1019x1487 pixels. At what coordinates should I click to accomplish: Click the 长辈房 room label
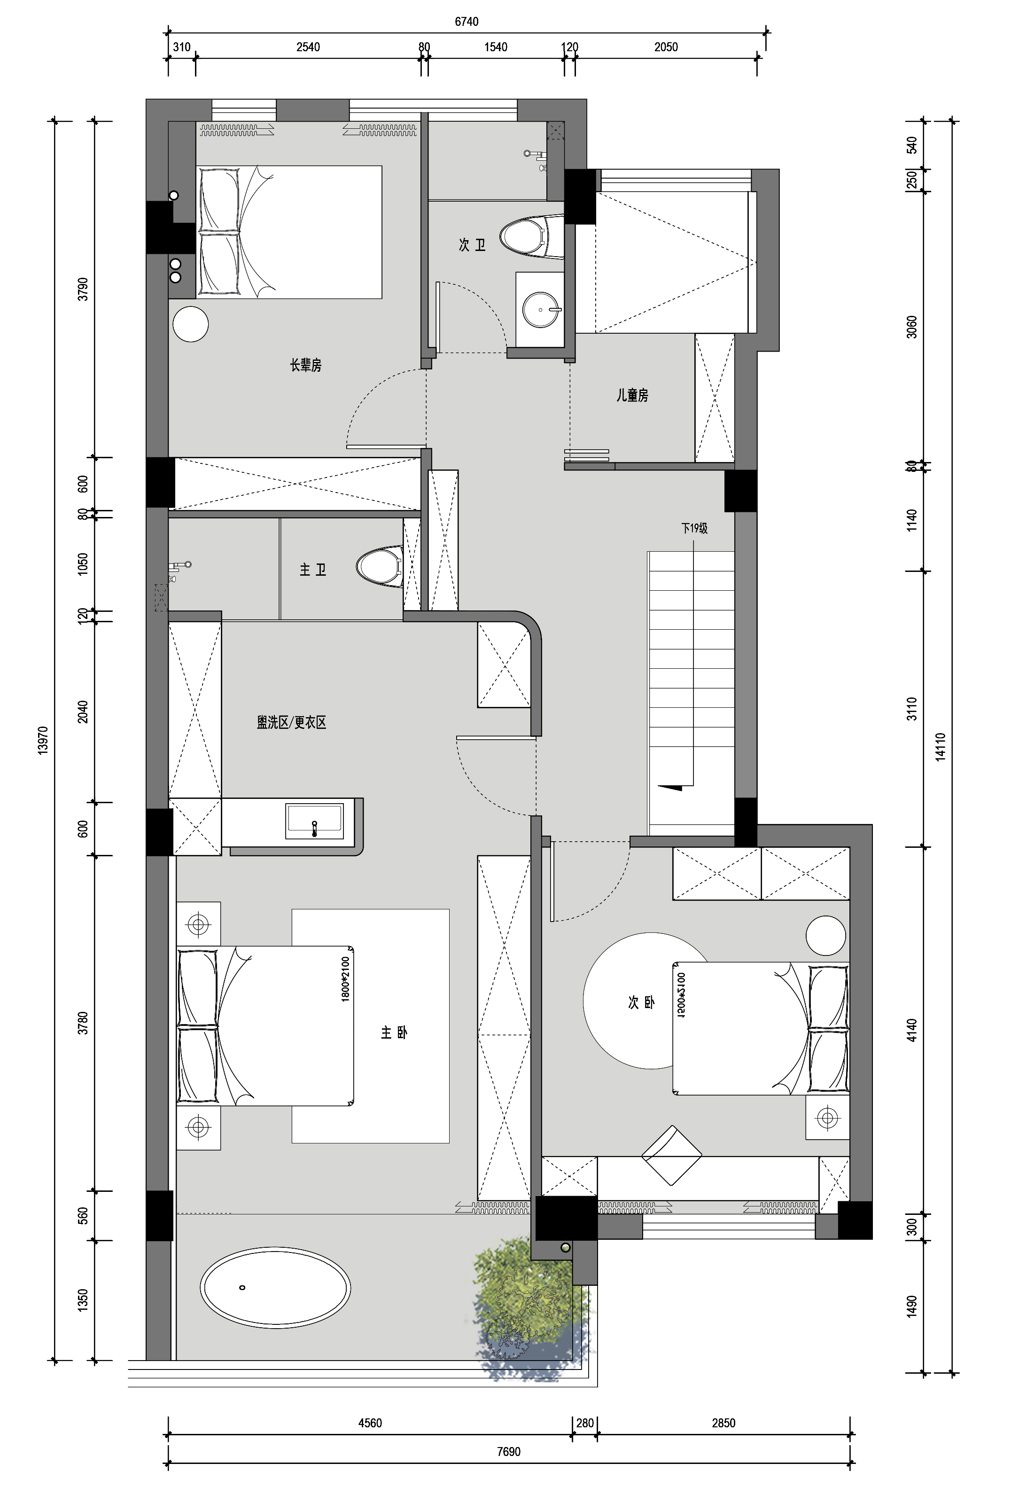point(306,365)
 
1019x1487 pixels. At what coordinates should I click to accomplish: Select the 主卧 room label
point(394,1032)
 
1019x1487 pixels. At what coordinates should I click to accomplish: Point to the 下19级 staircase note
point(694,529)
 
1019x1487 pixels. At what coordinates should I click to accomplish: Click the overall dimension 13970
point(43,740)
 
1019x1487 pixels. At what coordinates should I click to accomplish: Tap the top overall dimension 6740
point(467,22)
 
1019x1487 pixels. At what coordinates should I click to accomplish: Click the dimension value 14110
point(940,747)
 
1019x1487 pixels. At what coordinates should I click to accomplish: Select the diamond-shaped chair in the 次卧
point(672,1156)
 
